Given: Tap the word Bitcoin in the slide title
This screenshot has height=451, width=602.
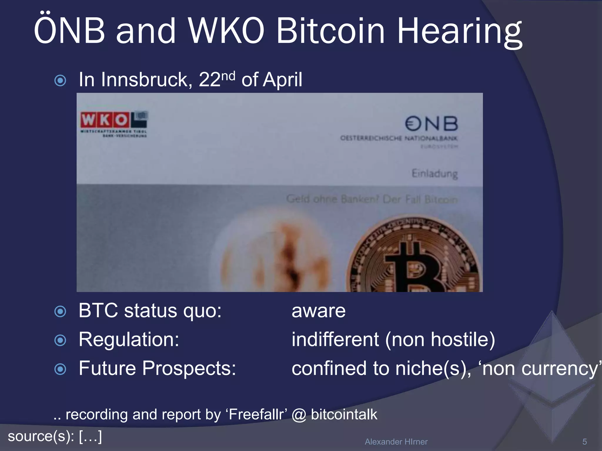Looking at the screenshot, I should (x=330, y=31).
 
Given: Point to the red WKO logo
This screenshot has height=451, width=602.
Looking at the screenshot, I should (x=105, y=120).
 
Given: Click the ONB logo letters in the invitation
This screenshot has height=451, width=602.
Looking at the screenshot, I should (x=432, y=124).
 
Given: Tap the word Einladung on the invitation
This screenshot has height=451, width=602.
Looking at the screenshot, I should (x=435, y=174).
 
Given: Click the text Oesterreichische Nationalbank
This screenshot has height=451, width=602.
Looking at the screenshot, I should (x=399, y=138).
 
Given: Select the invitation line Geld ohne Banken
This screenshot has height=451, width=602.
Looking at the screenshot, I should (x=372, y=199).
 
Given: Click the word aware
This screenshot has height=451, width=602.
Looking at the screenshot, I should (x=318, y=311).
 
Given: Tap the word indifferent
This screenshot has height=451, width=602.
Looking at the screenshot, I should (x=335, y=340).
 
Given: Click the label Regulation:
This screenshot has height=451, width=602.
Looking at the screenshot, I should (x=129, y=340).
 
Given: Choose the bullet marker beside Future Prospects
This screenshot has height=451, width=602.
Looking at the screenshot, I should (x=60, y=369).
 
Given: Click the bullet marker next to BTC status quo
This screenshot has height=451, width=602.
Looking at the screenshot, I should (x=60, y=311).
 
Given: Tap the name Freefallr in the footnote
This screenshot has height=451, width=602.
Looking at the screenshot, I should (x=256, y=415).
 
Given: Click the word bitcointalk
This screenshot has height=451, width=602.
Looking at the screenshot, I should (x=344, y=415).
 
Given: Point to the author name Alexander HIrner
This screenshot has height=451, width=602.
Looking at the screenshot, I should (x=396, y=442).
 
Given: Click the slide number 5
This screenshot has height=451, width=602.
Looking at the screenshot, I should (x=584, y=442).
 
